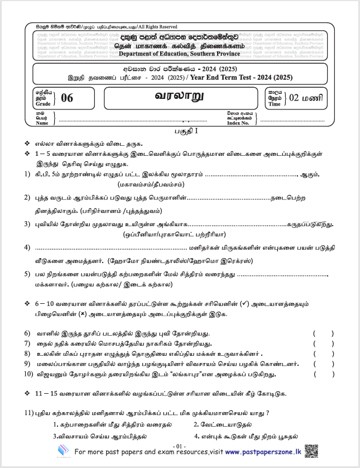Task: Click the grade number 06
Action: tap(67, 98)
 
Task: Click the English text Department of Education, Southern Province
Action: tap(180, 54)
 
